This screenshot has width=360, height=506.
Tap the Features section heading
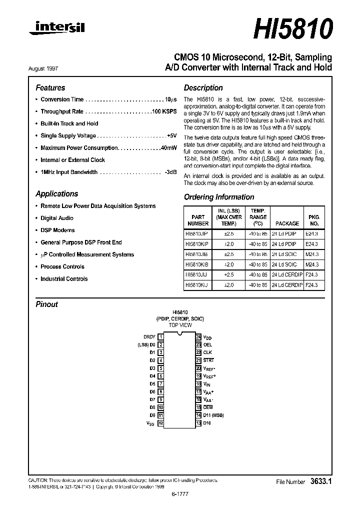pos(50,87)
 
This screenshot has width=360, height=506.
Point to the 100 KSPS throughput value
pos(165,111)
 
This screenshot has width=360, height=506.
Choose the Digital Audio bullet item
pos(57,218)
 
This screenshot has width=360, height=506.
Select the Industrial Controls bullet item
pos(64,279)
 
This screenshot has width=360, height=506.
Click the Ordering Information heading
pos(219,197)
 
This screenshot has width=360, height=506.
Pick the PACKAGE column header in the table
pos(287,223)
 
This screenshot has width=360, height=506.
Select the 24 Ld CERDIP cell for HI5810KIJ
pos(287,285)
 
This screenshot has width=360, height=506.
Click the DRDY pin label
pos(149,337)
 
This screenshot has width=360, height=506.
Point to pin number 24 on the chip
pos(198,337)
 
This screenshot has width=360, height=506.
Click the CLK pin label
pos(207,352)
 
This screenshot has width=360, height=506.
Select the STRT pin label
pos(208,360)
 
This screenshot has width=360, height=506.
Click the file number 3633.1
pos(321,481)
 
